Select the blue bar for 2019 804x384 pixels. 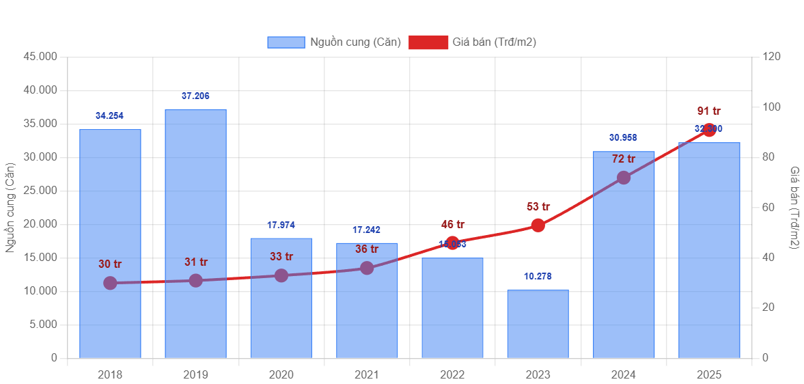coord(195,232)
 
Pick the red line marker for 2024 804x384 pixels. coord(624,178)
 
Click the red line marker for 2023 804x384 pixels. coord(538,225)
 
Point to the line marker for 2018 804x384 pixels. coord(110,283)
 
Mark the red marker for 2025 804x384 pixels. coord(709,130)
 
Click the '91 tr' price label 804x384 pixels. coord(709,111)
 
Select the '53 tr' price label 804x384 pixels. coord(538,206)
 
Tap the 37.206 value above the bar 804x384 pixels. coord(195,96)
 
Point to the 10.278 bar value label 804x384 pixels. coord(538,277)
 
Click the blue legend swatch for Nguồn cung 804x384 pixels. coord(286,42)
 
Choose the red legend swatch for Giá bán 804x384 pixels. coord(428,42)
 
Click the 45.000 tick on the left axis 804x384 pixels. coord(40,56)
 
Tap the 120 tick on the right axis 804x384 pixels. coord(771,56)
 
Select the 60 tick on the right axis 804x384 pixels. coord(768,207)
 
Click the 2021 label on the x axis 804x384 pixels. coord(367,374)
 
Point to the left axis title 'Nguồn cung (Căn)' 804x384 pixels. coord(10,207)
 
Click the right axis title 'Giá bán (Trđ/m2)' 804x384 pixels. coord(794,207)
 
